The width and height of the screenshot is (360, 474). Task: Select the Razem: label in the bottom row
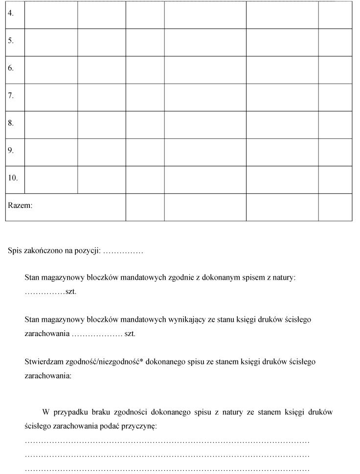20,206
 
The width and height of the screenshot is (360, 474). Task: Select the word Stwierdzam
43,362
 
